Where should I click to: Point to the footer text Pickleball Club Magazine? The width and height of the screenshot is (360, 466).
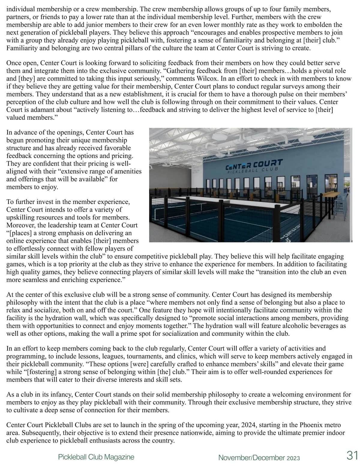pyautogui.click(x=96, y=457)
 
